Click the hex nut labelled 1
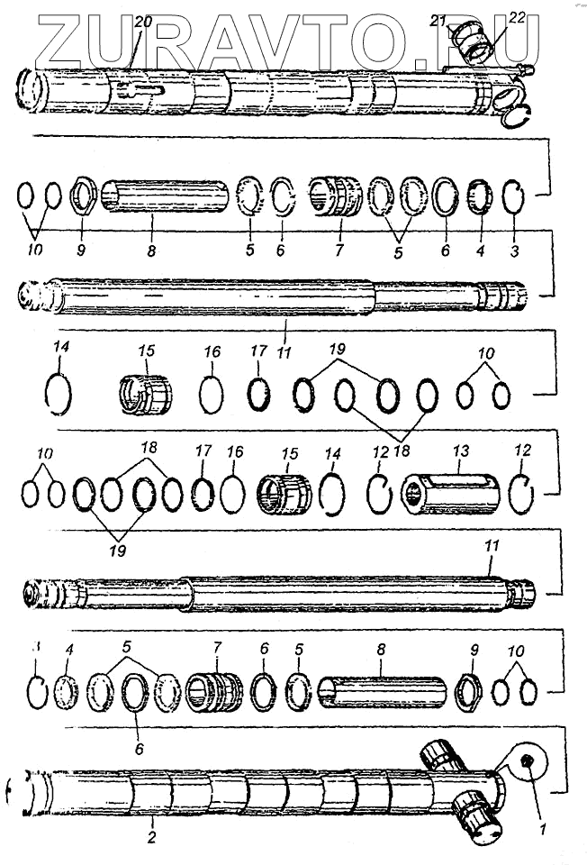pyautogui.click(x=528, y=764)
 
